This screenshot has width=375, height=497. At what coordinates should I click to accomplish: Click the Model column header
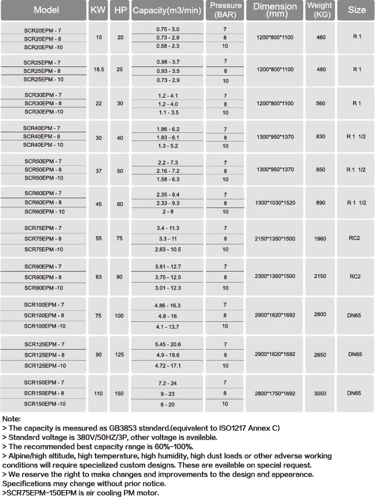click(x=43, y=10)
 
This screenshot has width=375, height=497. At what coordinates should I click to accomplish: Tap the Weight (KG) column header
click(x=319, y=10)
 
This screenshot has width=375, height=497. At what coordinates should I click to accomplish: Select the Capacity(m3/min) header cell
click(x=167, y=10)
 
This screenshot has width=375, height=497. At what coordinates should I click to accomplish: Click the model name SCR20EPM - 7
click(x=43, y=29)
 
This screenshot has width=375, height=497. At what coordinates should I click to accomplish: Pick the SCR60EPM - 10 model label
click(x=43, y=212)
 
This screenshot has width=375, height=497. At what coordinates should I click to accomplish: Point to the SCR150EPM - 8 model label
click(x=44, y=393)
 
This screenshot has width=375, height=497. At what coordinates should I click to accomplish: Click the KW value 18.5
click(x=98, y=69)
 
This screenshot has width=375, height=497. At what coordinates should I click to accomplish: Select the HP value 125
click(x=119, y=354)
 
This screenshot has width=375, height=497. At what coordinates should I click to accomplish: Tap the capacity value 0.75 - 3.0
click(x=168, y=29)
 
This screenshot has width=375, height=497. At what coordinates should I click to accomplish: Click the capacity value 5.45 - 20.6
click(x=168, y=344)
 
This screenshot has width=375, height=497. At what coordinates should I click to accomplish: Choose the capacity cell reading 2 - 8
click(x=168, y=212)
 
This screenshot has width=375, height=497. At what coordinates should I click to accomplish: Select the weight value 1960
click(x=319, y=238)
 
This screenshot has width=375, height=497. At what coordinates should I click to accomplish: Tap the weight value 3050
click(x=319, y=393)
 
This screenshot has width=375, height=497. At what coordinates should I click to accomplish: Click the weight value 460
click(x=319, y=38)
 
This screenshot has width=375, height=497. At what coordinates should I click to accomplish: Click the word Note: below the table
click(x=12, y=418)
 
